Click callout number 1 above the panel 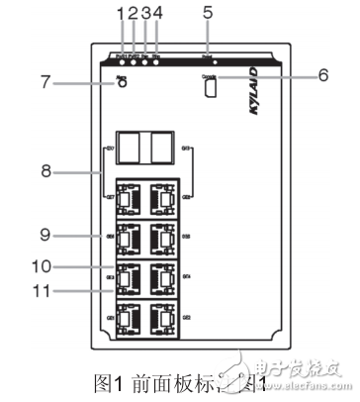pyautogui.click(x=120, y=13)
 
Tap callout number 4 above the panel pyautogui.click(x=157, y=13)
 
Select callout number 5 pyautogui.click(x=209, y=13)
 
